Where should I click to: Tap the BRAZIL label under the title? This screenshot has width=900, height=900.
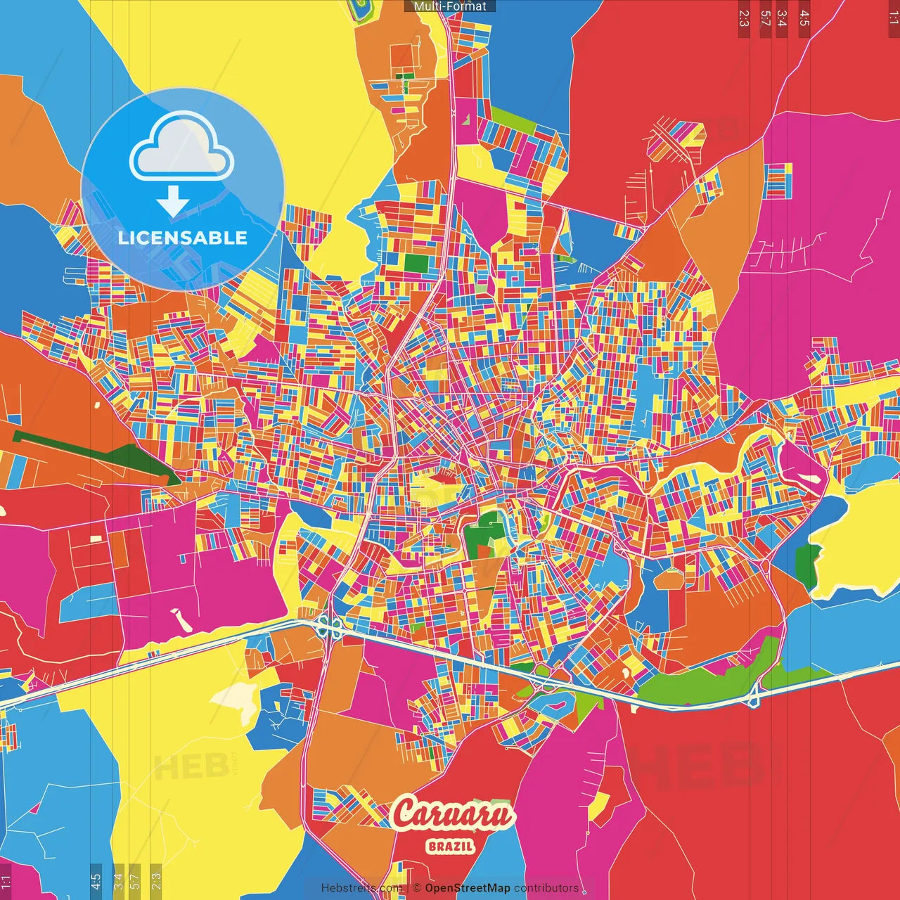[451, 847]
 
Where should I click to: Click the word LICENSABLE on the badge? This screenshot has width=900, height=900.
[183, 238]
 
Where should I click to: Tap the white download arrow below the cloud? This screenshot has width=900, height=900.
[173, 202]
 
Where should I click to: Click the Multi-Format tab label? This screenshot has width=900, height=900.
[450, 6]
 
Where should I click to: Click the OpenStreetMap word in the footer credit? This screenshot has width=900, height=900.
[467, 888]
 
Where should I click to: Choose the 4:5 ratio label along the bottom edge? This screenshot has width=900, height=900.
[96, 880]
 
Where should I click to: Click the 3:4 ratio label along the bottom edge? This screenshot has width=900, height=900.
[118, 880]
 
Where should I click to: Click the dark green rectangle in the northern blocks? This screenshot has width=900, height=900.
[416, 264]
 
